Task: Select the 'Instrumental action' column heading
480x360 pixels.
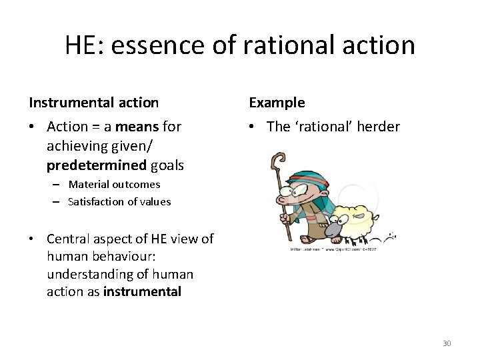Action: pyautogui.click(x=93, y=103)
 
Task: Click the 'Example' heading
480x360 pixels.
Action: pyautogui.click(x=277, y=103)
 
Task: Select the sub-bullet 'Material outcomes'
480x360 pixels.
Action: pyautogui.click(x=114, y=184)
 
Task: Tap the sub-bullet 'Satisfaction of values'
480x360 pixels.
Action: pyautogui.click(x=119, y=201)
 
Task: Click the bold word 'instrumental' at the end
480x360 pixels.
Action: pyautogui.click(x=142, y=291)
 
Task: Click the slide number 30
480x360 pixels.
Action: pyautogui.click(x=447, y=343)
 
